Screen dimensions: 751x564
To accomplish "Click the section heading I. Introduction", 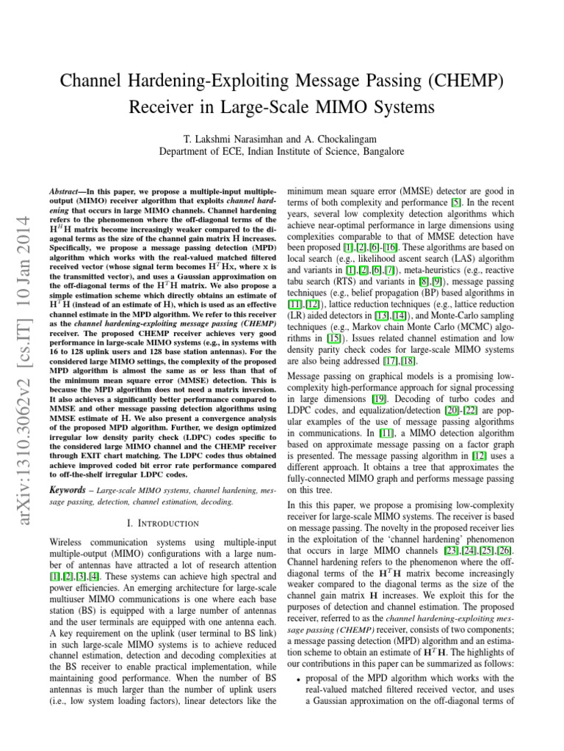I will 157,502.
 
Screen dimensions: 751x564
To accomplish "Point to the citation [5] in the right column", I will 456,202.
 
